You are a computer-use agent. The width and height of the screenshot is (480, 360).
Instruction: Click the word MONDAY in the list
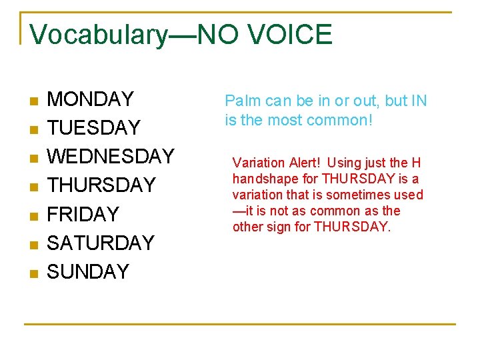pyautogui.click(x=91, y=99)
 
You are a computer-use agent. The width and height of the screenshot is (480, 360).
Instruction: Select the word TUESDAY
pyautogui.click(x=94, y=128)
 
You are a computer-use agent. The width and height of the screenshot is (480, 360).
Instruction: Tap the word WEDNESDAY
pyautogui.click(x=111, y=157)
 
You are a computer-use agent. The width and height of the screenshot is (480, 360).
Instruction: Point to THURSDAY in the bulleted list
pyautogui.click(x=101, y=185)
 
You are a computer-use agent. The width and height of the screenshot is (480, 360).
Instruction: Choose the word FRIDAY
pyautogui.click(x=83, y=215)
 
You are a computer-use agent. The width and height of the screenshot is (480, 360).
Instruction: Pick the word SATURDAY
pyautogui.click(x=101, y=243)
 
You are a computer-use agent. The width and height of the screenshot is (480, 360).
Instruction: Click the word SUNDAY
pyautogui.click(x=88, y=272)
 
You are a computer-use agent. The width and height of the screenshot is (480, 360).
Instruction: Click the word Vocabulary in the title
pyautogui.click(x=99, y=35)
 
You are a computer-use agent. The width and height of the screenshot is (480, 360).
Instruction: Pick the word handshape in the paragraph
pyautogui.click(x=263, y=179)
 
